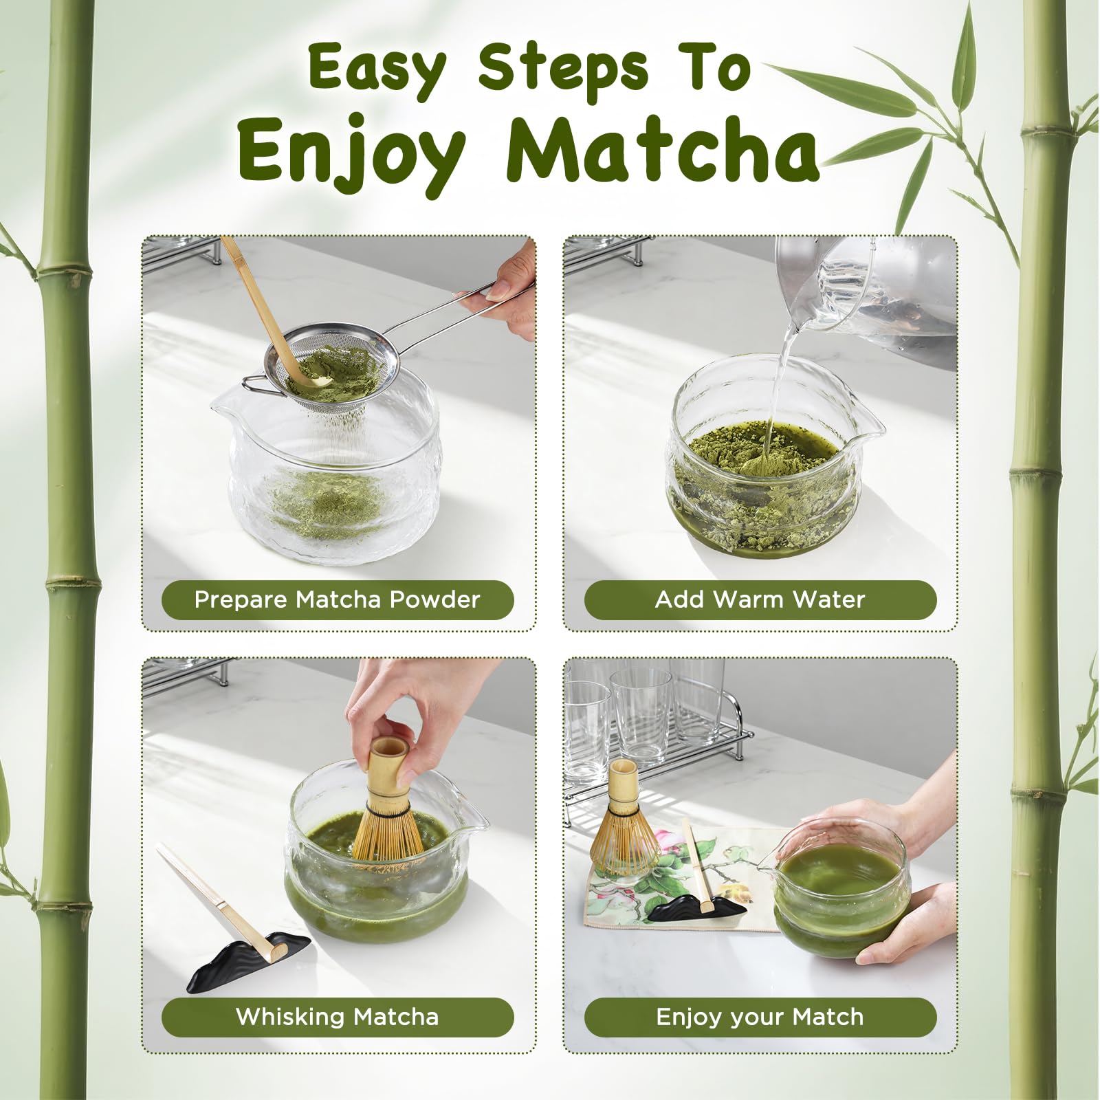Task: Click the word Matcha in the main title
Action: pos(662,147)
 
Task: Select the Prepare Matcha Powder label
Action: pos(338,599)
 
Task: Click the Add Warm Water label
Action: pos(760,599)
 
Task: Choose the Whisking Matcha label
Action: pos(338,1017)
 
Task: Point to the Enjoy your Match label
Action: pos(760,1017)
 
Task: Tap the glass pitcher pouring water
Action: pos(866,296)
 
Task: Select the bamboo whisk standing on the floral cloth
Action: pos(624,818)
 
